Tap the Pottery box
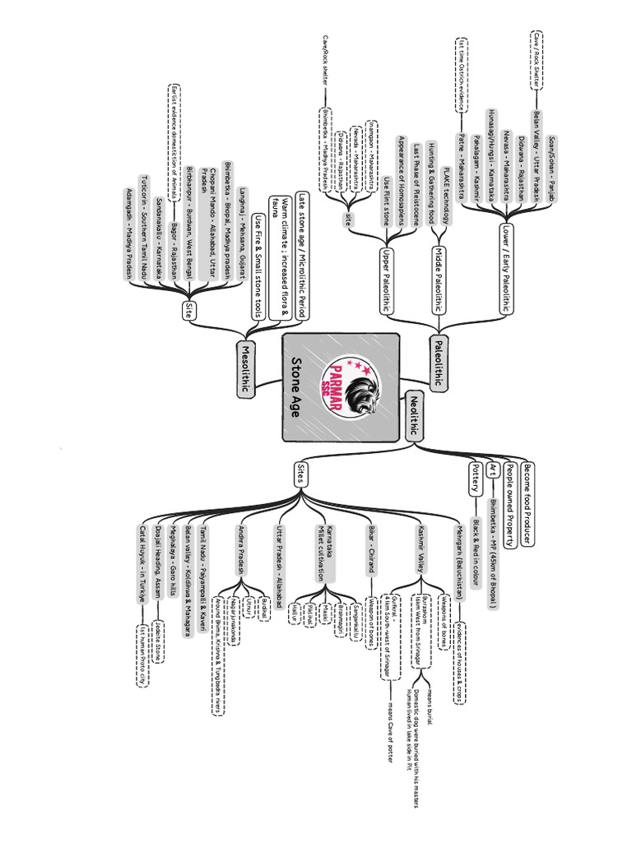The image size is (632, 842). (x=476, y=479)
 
